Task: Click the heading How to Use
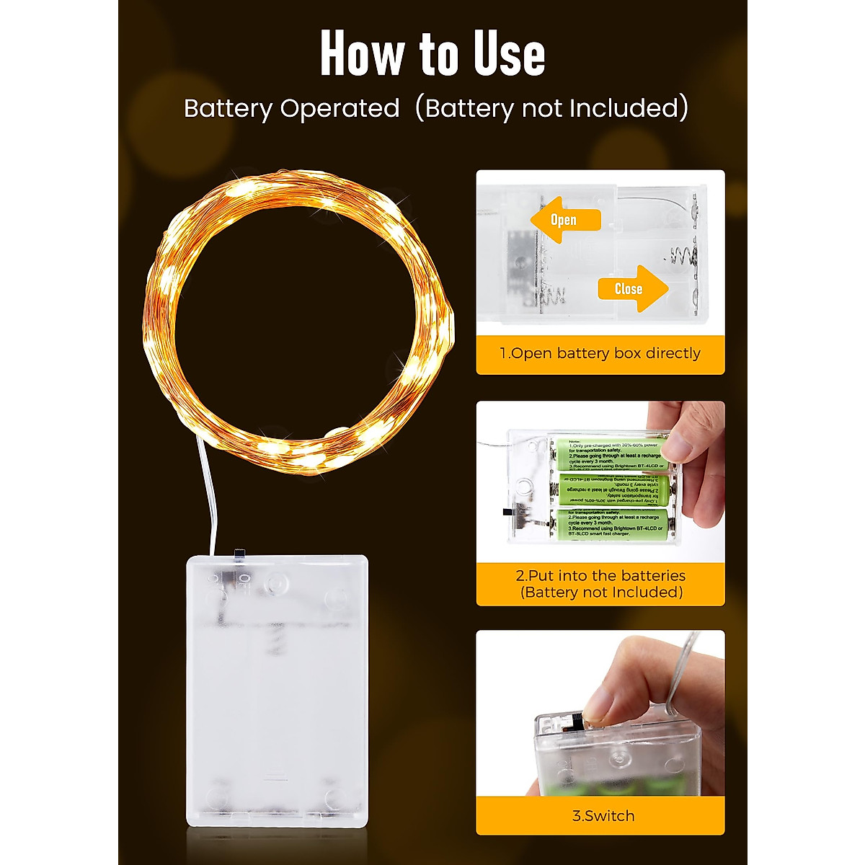[432, 54]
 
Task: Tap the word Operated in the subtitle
[340, 108]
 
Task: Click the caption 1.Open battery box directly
[600, 353]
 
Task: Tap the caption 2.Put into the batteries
[600, 576]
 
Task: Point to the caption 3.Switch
[603, 816]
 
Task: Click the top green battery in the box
[609, 453]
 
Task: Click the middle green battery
[609, 489]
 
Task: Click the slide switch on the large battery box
[239, 554]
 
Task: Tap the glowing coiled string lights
[299, 321]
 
